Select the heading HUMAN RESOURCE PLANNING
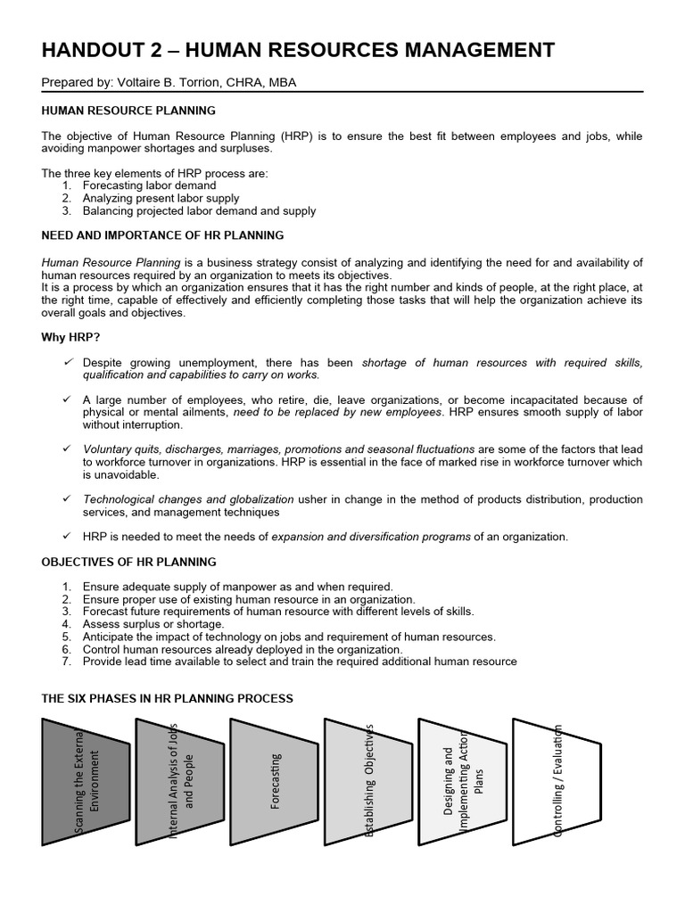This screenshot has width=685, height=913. click(x=128, y=111)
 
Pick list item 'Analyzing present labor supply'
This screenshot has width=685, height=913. click(x=161, y=198)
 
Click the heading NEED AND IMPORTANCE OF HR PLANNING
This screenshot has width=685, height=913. click(x=162, y=235)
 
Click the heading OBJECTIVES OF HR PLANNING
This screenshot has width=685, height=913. click(x=128, y=562)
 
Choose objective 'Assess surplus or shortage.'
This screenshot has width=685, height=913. click(x=153, y=624)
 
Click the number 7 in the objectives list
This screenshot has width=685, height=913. click(x=66, y=662)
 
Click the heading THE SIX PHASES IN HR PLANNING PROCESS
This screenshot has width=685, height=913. click(x=167, y=697)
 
